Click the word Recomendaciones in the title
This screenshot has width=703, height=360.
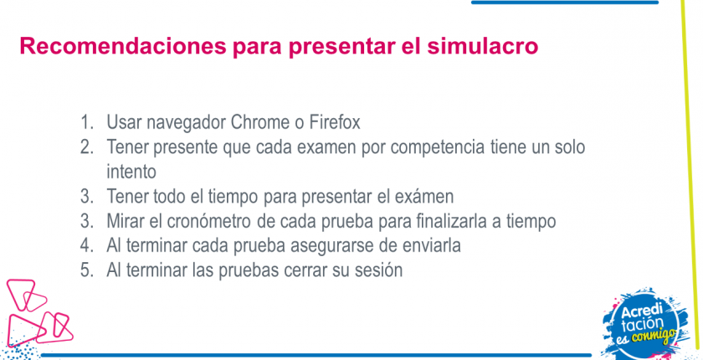(123, 46)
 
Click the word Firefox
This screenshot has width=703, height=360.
(335, 122)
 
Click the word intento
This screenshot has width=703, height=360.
(131, 172)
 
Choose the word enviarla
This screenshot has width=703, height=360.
(429, 245)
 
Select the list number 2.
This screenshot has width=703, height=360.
(86, 147)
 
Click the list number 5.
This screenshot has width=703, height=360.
(86, 270)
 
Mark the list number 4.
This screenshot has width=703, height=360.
(86, 245)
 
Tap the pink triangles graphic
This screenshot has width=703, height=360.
(38, 314)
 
